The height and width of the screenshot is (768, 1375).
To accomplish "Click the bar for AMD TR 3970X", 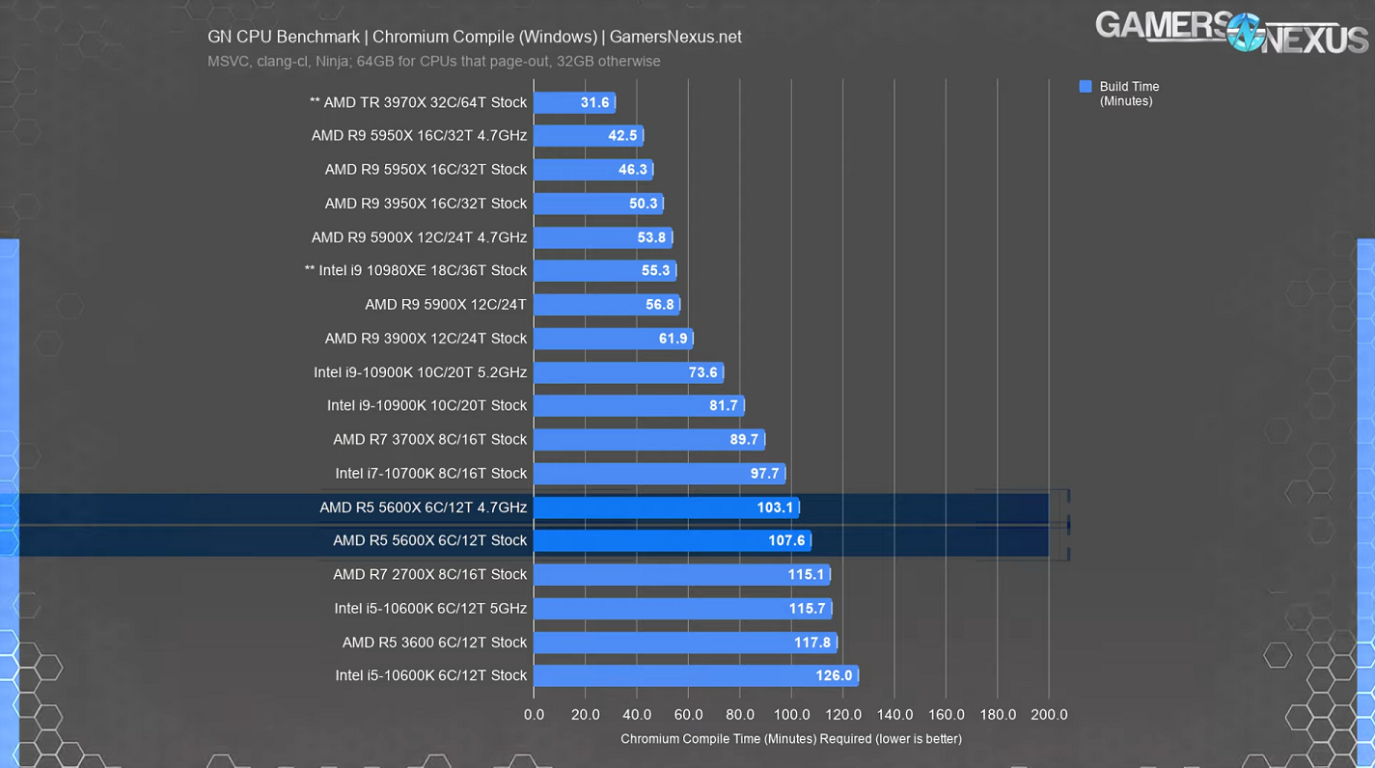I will [x=574, y=102].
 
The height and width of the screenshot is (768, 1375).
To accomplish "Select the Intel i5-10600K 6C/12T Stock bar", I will [x=695, y=675].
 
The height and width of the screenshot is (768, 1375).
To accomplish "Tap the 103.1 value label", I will [x=775, y=507].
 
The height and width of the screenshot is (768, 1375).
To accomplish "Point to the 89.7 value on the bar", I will [x=744, y=440].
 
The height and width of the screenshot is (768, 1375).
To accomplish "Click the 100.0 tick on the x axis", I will [x=791, y=715].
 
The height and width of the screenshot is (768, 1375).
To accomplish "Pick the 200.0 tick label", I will [x=1049, y=715].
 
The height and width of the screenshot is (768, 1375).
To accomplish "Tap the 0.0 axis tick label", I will [x=534, y=715].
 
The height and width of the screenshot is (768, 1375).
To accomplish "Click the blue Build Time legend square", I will [x=1086, y=87].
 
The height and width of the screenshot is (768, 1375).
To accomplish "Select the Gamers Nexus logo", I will [x=1231, y=31].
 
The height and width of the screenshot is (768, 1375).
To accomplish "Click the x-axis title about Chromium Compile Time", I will [x=790, y=739].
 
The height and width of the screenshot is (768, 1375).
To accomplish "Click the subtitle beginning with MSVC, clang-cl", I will [x=434, y=62].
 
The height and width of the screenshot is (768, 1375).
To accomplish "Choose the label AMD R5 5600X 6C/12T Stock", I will [x=429, y=540].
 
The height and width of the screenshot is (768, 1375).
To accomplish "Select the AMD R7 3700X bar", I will [x=648, y=440].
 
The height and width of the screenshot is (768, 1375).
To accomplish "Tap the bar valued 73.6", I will [x=627, y=372].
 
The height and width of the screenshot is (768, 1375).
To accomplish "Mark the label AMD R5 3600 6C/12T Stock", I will [x=434, y=643].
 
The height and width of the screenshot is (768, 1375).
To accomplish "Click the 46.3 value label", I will [x=633, y=170].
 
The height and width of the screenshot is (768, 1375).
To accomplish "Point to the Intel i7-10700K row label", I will [x=430, y=474].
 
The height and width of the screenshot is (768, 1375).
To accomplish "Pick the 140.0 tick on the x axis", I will [x=894, y=715].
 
